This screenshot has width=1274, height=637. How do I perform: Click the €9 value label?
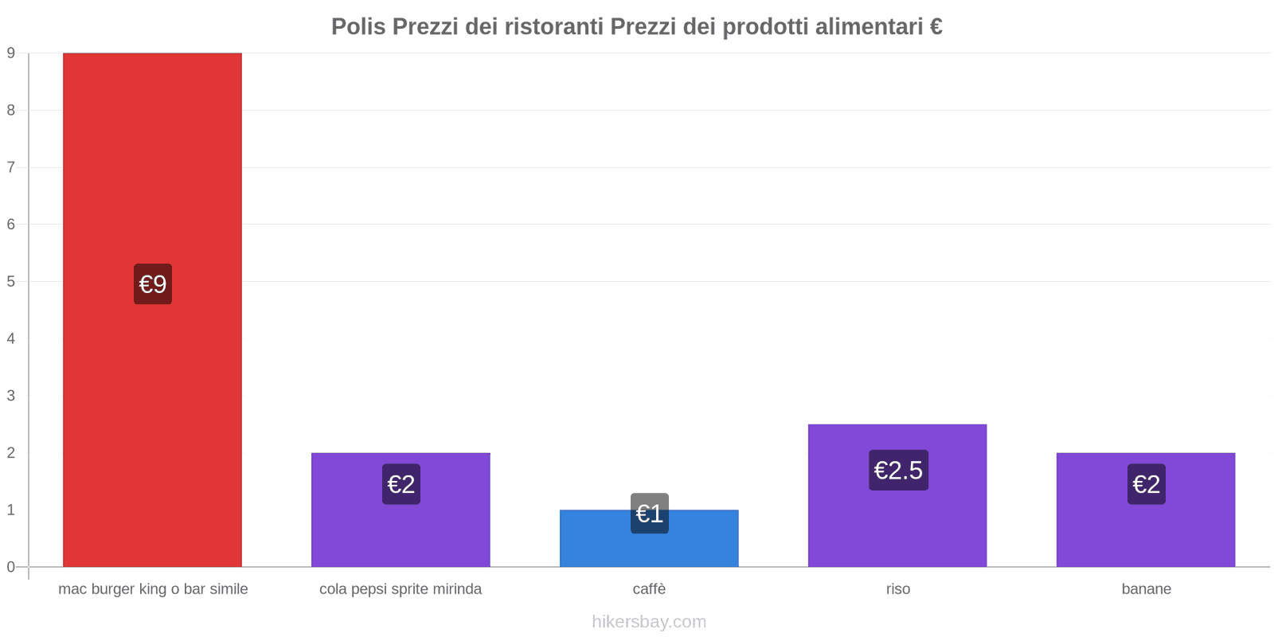(153, 284)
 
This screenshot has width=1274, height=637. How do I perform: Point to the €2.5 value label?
(898, 471)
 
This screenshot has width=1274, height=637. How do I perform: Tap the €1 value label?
(650, 514)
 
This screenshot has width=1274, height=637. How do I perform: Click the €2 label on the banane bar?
(1147, 484)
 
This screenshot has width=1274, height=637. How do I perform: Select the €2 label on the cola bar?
(401, 484)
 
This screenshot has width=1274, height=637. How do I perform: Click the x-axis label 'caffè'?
(649, 589)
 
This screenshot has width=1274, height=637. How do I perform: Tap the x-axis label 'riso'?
(898, 589)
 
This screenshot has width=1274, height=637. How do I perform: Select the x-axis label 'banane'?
(1146, 589)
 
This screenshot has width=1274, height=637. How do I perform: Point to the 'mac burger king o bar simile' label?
(153, 589)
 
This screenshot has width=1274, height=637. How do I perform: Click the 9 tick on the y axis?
(11, 53)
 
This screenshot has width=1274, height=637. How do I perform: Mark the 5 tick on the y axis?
(11, 282)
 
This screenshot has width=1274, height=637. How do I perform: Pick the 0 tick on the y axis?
(11, 567)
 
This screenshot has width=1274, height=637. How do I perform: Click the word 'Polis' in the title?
(358, 27)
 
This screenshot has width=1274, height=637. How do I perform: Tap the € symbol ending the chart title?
(936, 27)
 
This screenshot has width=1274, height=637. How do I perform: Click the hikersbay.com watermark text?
(649, 622)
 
